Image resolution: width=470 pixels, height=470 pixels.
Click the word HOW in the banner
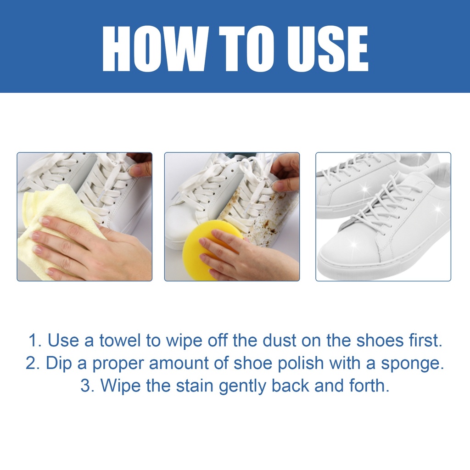coord(155,49)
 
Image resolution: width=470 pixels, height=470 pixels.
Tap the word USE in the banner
coord(328,49)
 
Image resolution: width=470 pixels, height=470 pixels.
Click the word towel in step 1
coord(120,341)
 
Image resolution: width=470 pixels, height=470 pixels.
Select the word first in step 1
coord(425,341)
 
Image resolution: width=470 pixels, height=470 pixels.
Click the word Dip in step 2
coord(59,363)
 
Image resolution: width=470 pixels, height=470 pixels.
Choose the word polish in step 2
coord(301,363)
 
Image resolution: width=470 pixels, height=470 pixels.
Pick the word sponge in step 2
coord(413,364)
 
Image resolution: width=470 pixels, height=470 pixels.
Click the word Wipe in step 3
coord(120,386)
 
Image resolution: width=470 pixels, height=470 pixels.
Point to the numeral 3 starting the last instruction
coord(86,386)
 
